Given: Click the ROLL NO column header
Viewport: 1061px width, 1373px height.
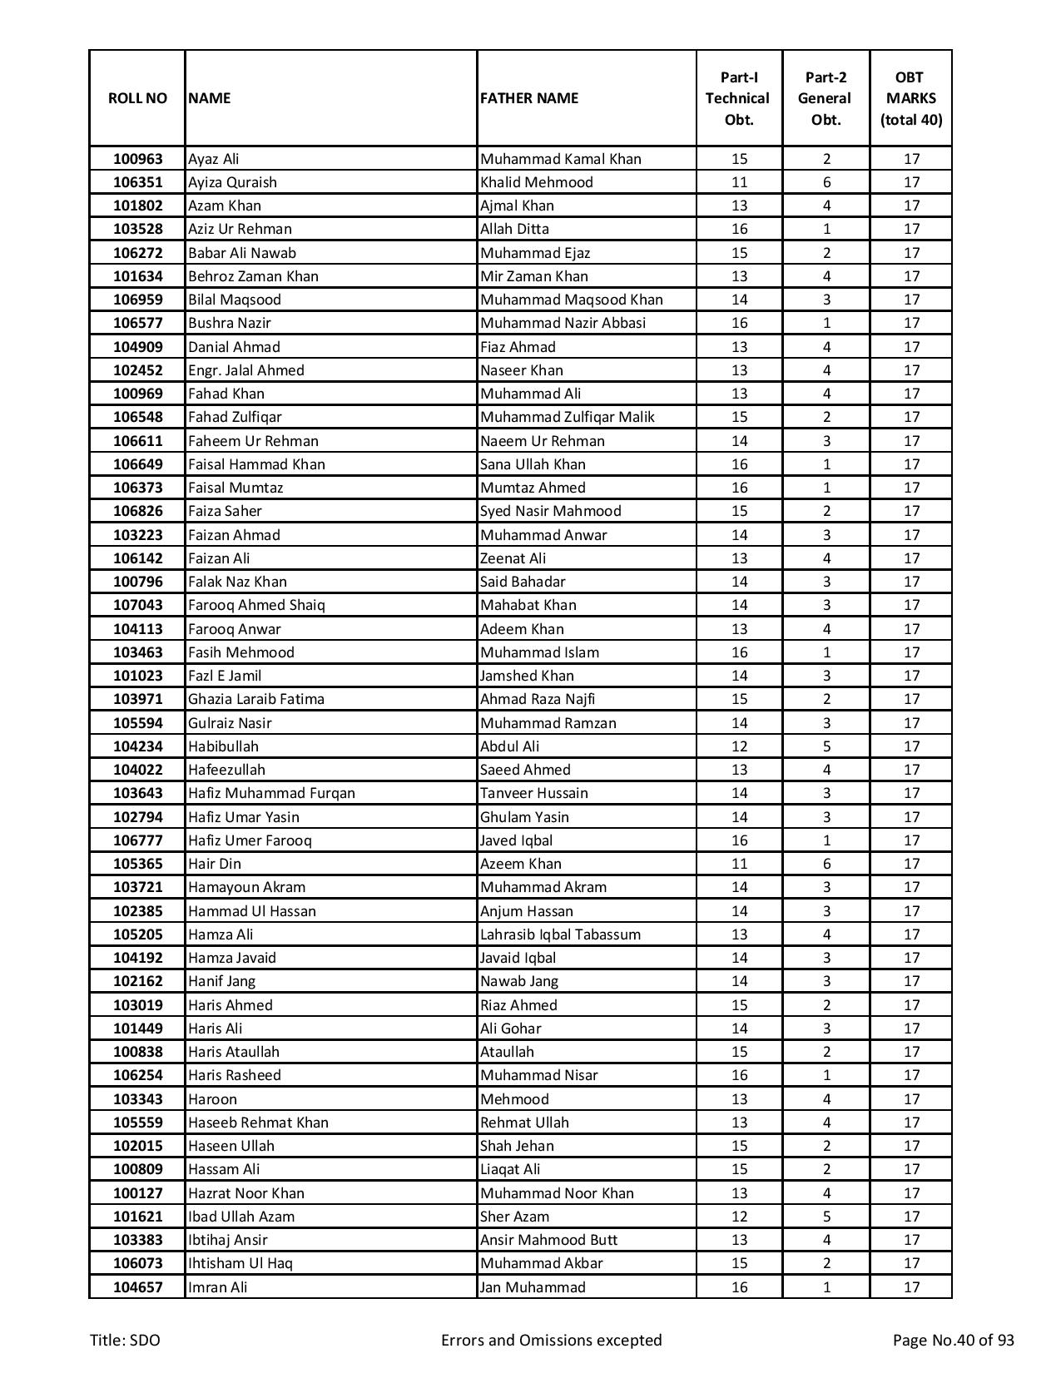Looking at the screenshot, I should [137, 98].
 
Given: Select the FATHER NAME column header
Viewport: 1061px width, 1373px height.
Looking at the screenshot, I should [528, 98].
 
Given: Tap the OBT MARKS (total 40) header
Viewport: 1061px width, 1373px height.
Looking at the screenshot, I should [911, 98].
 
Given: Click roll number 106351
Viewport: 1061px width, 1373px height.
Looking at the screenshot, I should [137, 182].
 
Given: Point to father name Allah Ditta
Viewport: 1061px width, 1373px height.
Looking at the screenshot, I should [514, 229].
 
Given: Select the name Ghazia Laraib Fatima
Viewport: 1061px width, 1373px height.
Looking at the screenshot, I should [256, 699].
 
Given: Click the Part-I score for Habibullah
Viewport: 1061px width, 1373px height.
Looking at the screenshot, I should [739, 746].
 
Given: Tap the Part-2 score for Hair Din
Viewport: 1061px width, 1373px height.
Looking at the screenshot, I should [826, 864].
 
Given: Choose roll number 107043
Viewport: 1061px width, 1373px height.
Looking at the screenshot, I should [137, 605].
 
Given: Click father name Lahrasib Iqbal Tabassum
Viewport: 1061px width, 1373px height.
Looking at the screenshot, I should [560, 934].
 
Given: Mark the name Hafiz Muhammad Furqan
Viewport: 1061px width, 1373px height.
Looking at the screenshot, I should [271, 793].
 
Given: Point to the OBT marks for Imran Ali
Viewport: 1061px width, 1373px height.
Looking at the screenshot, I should [911, 1287].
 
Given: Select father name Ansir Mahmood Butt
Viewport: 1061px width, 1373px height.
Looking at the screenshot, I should [548, 1240].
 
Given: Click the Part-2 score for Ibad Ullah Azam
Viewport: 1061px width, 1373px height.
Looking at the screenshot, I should [826, 1217].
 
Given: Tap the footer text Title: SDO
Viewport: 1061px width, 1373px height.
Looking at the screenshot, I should [125, 1340].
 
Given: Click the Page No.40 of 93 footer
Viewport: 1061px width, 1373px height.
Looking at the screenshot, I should [953, 1340].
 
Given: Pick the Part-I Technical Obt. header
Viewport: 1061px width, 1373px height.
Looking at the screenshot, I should [739, 98].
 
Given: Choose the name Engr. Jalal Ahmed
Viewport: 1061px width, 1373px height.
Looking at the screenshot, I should [246, 370].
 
